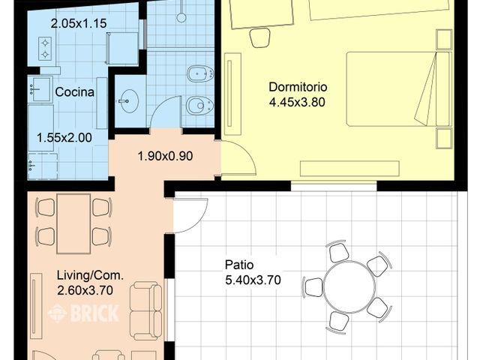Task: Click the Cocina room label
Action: (x=74, y=92)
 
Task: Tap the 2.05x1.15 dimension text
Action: (x=79, y=23)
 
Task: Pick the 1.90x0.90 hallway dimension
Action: (x=165, y=157)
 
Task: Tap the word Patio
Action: (x=239, y=265)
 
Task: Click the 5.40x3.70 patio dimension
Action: (x=253, y=280)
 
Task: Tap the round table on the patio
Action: (x=349, y=286)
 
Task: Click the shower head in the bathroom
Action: (x=181, y=16)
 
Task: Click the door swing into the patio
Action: (x=190, y=216)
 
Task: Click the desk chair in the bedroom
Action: (x=260, y=36)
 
